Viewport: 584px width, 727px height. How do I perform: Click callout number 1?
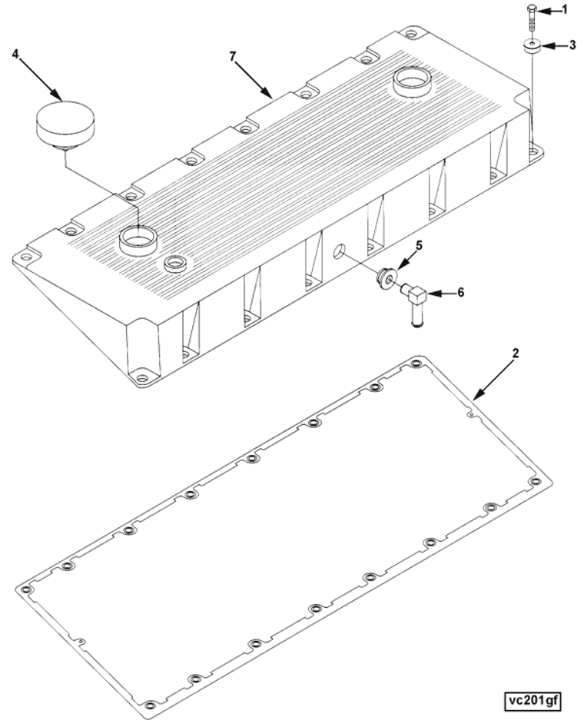pos(564,10)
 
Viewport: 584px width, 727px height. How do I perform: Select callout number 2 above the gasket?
pos(515,354)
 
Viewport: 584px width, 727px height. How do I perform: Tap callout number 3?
pos(572,45)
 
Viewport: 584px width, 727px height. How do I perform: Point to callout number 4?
pos(16,55)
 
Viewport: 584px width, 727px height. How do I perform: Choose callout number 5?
pos(419,245)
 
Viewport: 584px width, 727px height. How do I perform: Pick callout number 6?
pos(460,293)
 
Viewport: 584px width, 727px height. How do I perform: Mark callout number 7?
pos(233,56)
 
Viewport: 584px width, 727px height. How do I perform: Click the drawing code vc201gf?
pos(532,701)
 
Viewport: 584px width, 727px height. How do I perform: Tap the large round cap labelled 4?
pos(65,124)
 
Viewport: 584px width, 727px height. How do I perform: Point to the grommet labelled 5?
pos(386,279)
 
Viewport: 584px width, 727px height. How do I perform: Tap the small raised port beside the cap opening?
pos(176,264)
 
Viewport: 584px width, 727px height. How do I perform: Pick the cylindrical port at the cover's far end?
pos(412,82)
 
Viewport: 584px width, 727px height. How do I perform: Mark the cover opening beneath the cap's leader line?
pos(138,239)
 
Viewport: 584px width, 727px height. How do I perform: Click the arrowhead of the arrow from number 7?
pos(269,94)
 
